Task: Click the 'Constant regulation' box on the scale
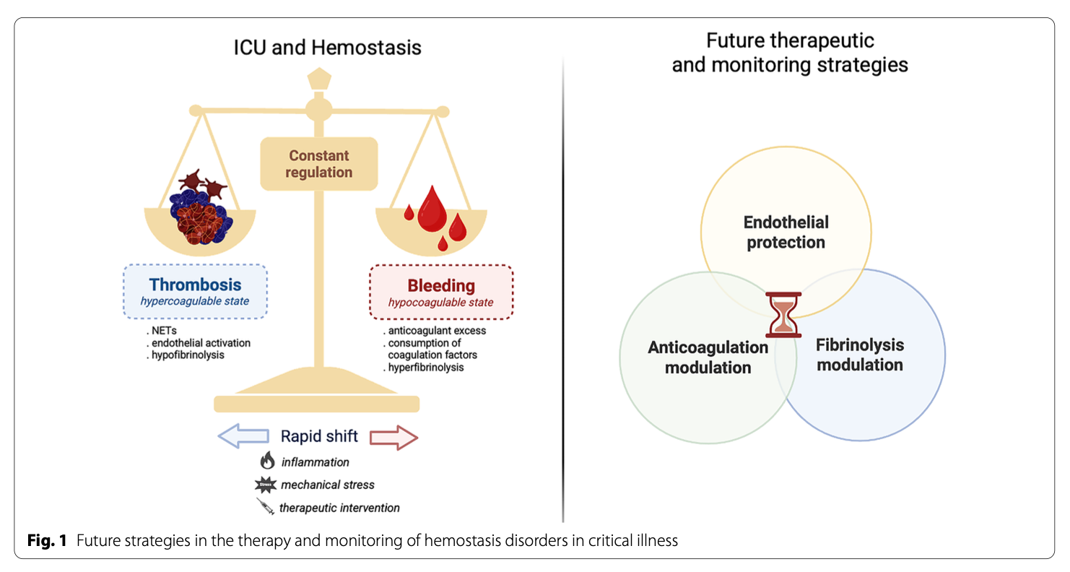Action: pos(318,164)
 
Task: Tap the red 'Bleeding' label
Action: pos(440,285)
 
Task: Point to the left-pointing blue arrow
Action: pos(244,437)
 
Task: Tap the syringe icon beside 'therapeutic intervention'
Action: pos(266,506)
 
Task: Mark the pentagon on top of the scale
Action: pos(318,79)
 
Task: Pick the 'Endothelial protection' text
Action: pos(786,232)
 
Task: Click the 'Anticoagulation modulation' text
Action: pos(708,357)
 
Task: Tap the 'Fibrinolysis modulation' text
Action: pos(859,355)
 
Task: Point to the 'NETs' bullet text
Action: pos(164,330)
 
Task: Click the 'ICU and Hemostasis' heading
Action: pos(327,48)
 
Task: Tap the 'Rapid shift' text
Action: pos(319,436)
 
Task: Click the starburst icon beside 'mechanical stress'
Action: pos(267,484)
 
